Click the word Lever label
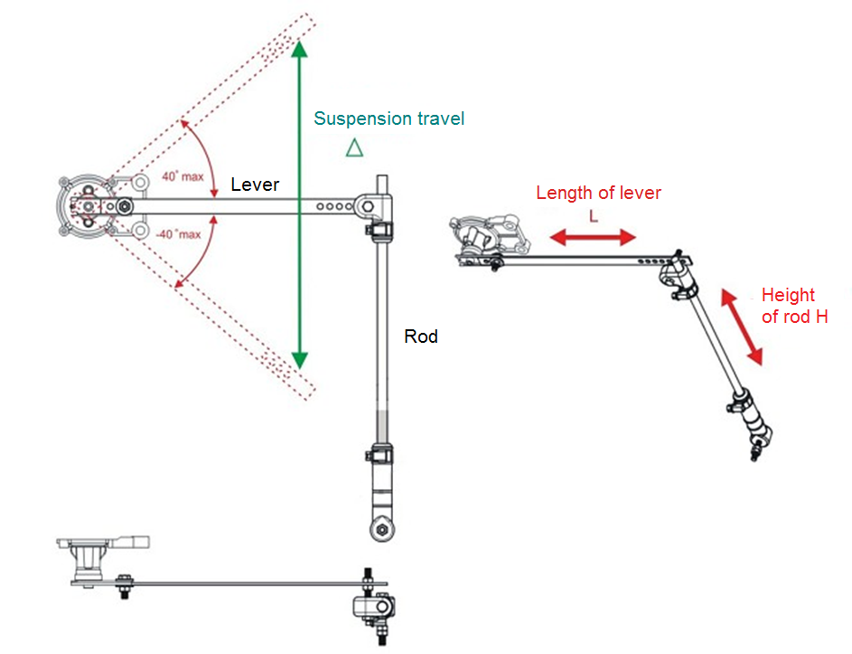(255, 185)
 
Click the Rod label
(421, 336)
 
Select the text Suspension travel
(389, 118)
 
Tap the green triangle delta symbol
(354, 147)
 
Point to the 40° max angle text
(183, 176)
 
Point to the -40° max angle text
(181, 235)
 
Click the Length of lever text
(598, 193)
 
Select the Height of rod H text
(794, 306)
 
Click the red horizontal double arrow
(594, 238)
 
